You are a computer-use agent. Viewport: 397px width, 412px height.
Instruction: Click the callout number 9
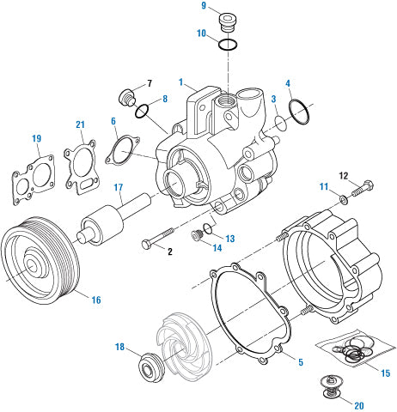coord(204,6)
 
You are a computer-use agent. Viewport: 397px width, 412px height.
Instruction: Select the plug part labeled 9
coord(228,21)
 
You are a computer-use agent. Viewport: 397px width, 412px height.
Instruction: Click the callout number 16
coord(96,300)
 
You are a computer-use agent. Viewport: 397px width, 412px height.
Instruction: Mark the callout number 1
coord(181,82)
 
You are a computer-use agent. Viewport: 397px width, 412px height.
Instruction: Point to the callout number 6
coord(114,123)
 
